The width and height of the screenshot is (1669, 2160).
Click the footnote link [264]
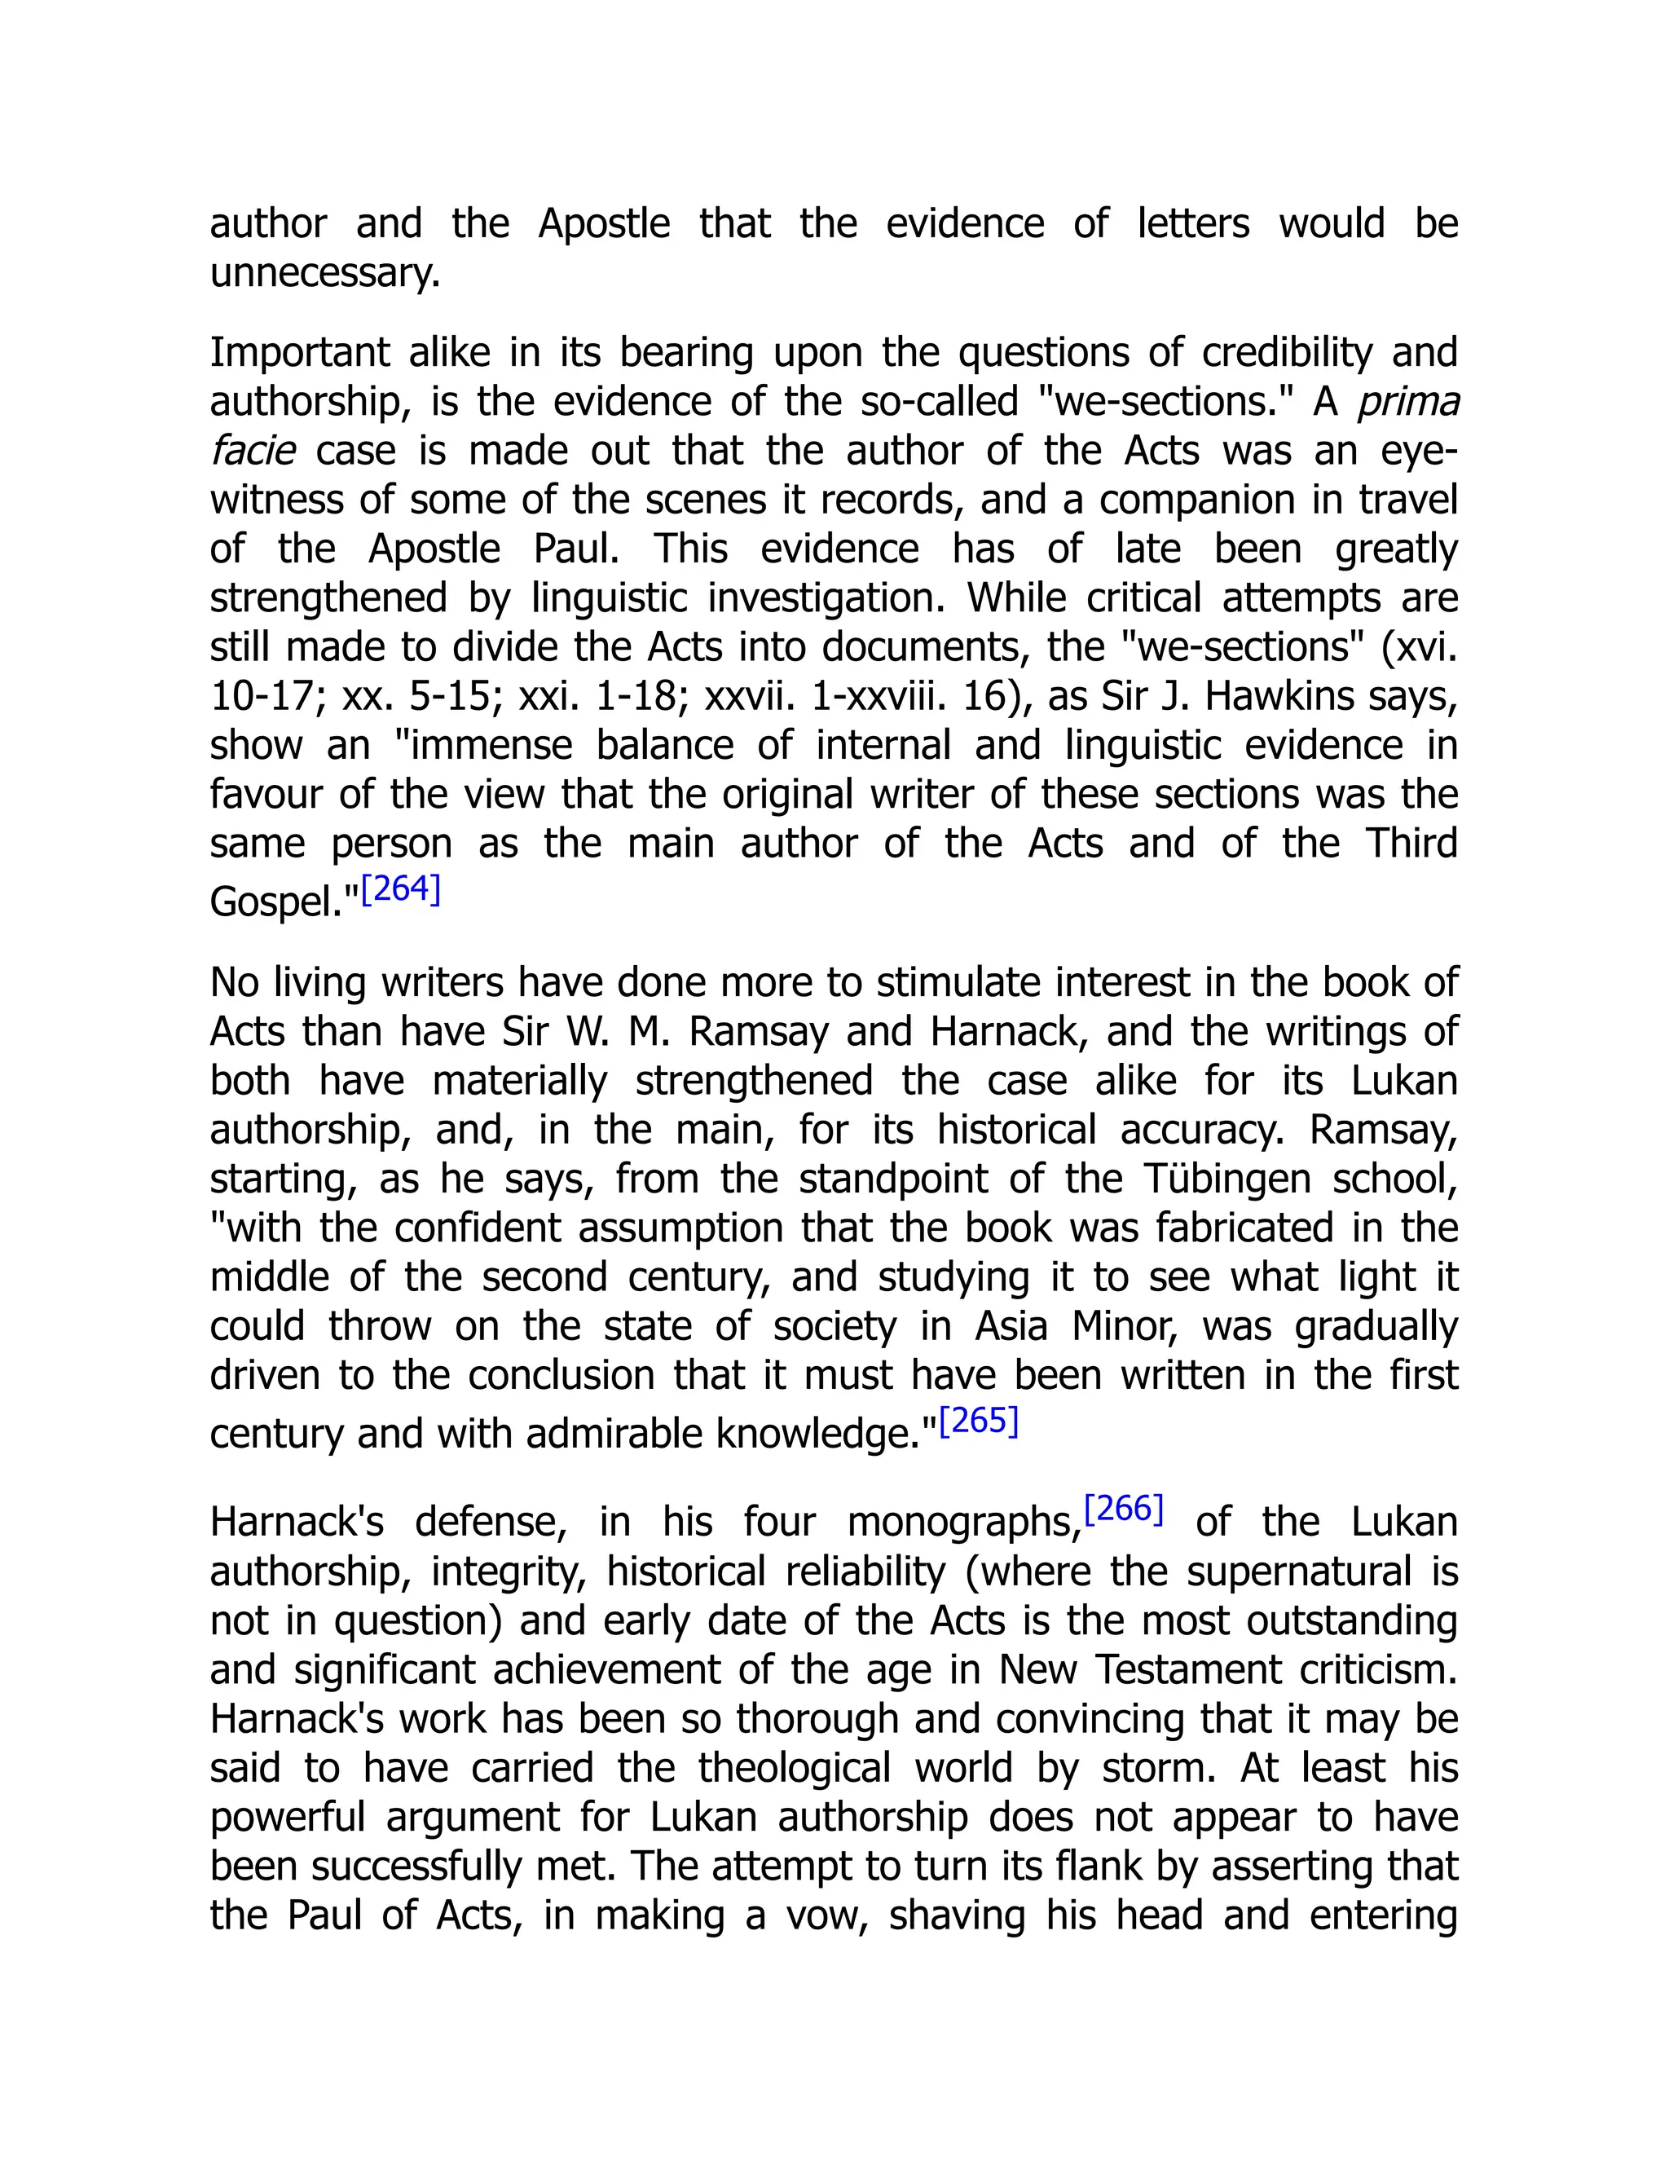pyautogui.click(x=400, y=890)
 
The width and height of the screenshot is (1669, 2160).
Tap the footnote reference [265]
pyautogui.click(x=978, y=1422)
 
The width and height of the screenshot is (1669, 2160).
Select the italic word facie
pyautogui.click(x=252, y=451)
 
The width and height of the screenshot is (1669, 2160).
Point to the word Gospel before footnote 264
pyautogui.click(x=283, y=902)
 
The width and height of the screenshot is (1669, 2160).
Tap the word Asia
pyautogui.click(x=1011, y=1326)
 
